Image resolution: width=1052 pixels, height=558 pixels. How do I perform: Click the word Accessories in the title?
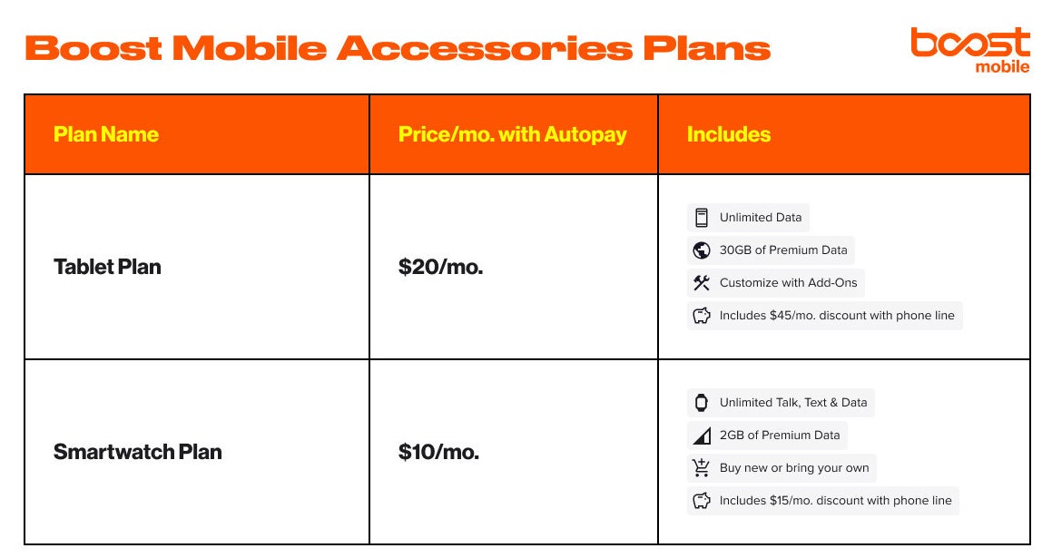coord(483,47)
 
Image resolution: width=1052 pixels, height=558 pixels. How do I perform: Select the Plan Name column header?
coord(106,134)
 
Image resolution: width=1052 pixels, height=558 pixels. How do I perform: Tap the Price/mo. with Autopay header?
coord(512,134)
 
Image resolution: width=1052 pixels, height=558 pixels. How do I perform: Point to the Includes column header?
coord(728,134)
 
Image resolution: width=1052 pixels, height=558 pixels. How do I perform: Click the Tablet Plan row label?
coord(107,267)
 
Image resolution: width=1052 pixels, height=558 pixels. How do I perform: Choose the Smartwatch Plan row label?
coord(137,452)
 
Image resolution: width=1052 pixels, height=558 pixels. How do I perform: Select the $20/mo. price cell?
coord(440,267)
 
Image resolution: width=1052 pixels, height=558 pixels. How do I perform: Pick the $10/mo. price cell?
coord(438,452)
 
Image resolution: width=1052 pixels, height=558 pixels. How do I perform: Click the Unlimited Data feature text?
coord(760,218)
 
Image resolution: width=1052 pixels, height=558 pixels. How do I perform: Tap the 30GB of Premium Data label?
coord(782,250)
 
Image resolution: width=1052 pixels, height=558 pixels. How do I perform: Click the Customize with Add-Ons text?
coord(788,283)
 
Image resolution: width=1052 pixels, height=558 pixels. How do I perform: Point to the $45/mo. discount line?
coord(836,316)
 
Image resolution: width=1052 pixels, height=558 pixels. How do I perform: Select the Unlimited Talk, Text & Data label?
coord(792,403)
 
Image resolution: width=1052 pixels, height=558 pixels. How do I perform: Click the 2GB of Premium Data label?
coord(779,436)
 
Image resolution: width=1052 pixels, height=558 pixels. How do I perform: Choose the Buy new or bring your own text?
coord(793,468)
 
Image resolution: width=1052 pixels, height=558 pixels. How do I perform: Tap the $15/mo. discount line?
coord(835,501)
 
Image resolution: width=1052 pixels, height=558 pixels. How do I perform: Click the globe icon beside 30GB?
coord(701,250)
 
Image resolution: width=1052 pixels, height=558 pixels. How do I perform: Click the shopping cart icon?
coord(701,468)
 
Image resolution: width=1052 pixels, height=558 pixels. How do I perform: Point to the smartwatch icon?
coord(701,403)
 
